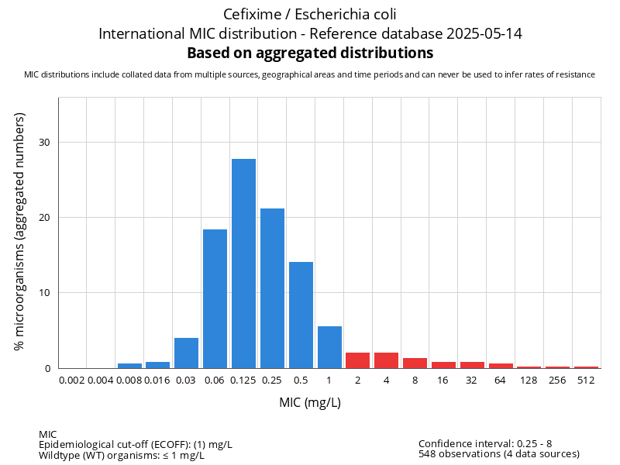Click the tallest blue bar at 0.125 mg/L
243,263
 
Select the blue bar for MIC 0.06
215,298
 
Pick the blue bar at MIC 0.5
301,315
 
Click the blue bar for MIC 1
329,347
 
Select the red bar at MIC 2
358,360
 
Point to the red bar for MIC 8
415,363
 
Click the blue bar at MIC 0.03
186,353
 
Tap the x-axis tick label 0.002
71,381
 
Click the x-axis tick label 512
587,381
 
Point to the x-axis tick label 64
501,381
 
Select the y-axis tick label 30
44,142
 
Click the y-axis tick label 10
44,293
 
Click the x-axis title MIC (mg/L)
310,403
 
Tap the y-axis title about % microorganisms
20,231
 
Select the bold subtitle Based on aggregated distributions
310,53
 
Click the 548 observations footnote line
499,454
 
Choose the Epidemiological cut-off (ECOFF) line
136,444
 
